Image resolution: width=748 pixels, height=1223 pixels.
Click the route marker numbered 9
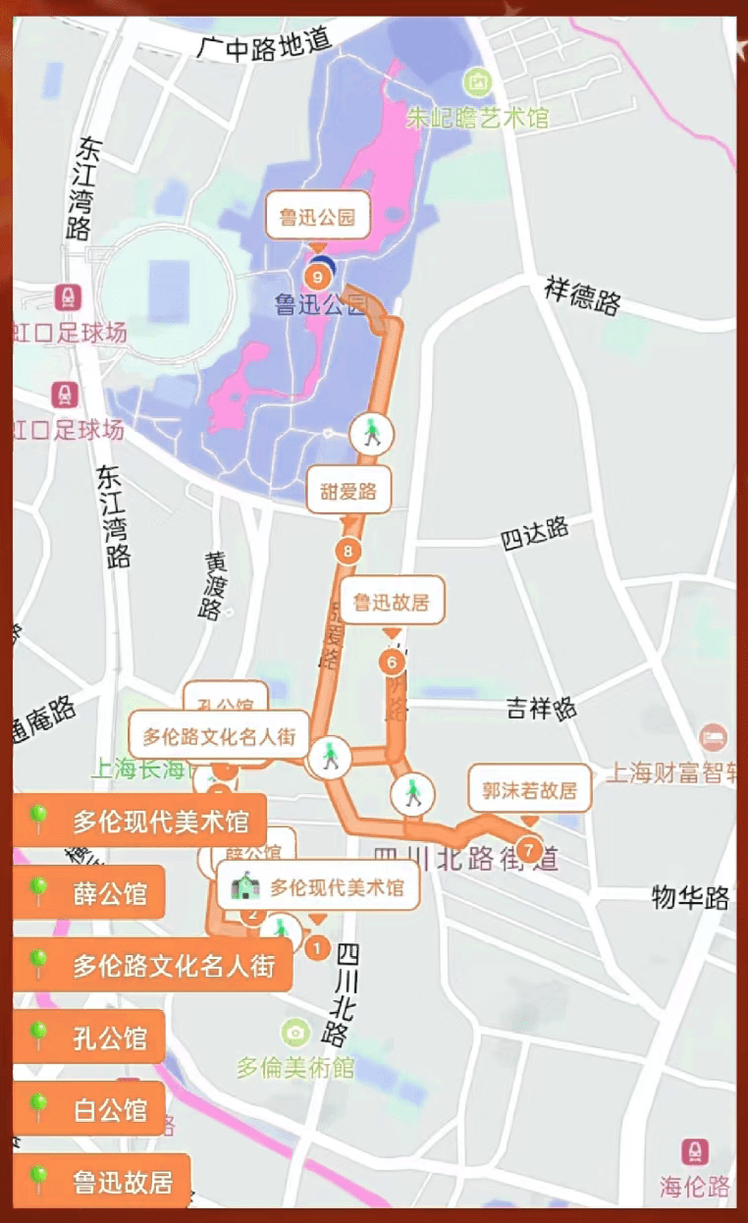pos(317,277)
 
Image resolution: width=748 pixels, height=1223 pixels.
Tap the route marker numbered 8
pos(347,551)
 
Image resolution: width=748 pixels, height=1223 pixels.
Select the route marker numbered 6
pos(392,663)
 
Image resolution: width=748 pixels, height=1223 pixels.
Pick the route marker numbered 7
pos(530,847)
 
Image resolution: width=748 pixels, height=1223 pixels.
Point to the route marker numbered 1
pos(316,948)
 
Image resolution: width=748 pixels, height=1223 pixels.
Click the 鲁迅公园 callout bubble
pos(318,217)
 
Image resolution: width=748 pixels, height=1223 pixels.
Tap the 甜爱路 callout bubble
pos(348,492)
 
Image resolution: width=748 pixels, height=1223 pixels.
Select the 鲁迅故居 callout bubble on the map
pos(392,602)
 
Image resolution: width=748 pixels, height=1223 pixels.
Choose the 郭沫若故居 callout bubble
pos(529,789)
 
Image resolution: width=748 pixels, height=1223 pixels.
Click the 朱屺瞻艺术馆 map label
pos(478,118)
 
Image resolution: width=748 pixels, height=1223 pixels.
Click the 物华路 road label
pos(691,896)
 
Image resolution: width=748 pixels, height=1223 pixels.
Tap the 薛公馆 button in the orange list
pos(89,893)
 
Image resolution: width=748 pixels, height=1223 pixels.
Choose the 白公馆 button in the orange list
pos(89,1109)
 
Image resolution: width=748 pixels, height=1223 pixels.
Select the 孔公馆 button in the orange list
pos(89,1037)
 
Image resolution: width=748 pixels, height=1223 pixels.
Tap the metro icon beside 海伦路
pos(695,1151)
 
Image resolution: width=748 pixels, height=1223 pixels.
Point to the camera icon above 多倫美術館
pos(294,1033)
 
